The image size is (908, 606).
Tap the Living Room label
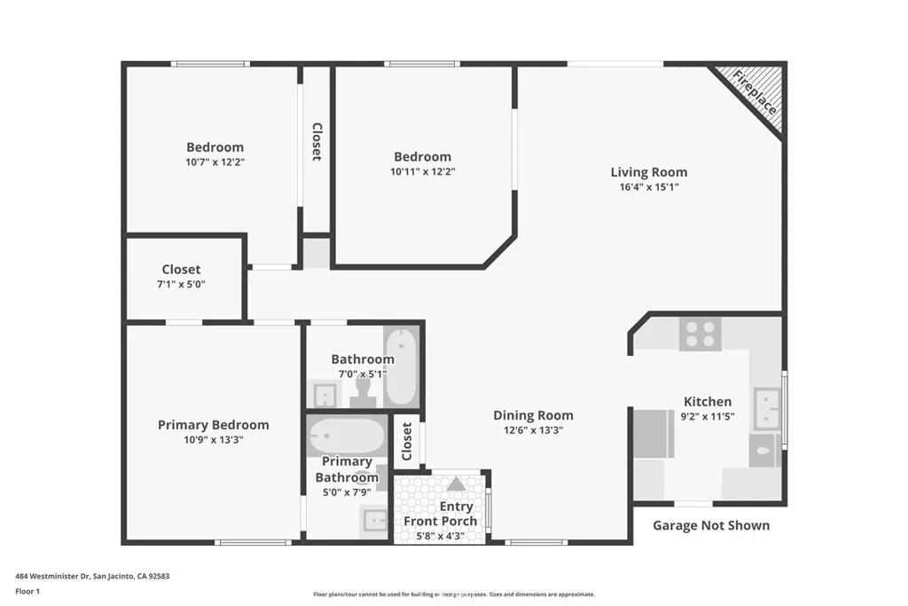(648, 172)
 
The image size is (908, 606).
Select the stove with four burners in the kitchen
(700, 334)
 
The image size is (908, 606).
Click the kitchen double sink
(767, 407)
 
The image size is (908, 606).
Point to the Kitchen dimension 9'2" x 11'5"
(707, 416)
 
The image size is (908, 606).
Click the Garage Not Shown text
(711, 525)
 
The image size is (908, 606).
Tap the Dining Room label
(533, 415)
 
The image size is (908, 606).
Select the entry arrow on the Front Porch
(456, 484)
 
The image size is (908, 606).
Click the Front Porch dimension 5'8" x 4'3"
(441, 535)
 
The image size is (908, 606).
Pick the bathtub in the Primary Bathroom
(347, 437)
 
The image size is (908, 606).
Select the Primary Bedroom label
(213, 425)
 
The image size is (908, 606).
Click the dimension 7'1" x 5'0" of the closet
(181, 284)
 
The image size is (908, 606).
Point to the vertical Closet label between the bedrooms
(317, 142)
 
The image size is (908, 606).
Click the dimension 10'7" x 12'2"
(215, 162)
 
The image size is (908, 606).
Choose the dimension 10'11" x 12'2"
(422, 171)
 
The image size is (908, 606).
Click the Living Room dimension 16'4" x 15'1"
(648, 187)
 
